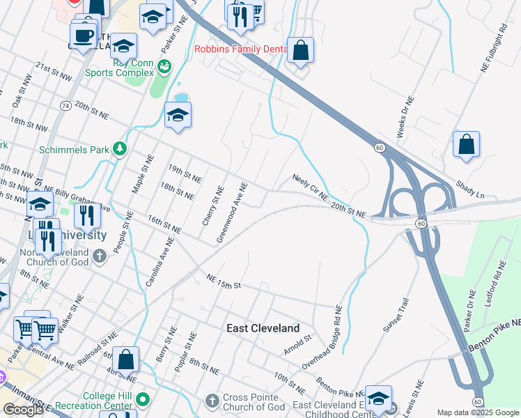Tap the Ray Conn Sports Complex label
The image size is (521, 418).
click(119, 67)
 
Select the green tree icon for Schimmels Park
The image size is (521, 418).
click(120, 148)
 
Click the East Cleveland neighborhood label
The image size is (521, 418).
click(263, 328)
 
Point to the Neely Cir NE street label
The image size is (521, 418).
click(309, 187)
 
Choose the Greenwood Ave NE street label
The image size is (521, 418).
click(232, 212)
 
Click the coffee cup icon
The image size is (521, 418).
click(83, 35)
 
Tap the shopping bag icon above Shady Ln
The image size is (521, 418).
click(466, 144)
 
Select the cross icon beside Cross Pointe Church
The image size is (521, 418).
click(212, 401)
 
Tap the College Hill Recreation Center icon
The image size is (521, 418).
click(143, 400)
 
